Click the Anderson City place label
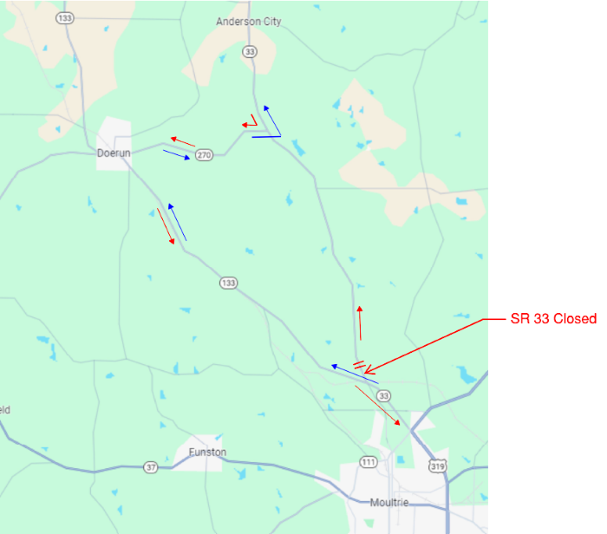[x=248, y=22]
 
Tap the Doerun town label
[x=114, y=153]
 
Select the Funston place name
[x=207, y=453]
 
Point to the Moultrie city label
[x=389, y=504]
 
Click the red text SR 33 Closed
[x=553, y=319]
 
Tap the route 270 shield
[x=204, y=155]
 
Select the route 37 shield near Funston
[x=152, y=468]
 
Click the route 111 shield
[x=369, y=462]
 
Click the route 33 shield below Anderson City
[x=251, y=52]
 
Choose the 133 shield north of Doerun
[x=63, y=17]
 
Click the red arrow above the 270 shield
[x=182, y=140]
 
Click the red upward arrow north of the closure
[x=360, y=322]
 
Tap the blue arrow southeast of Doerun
[x=177, y=222]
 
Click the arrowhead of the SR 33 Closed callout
[x=367, y=371]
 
